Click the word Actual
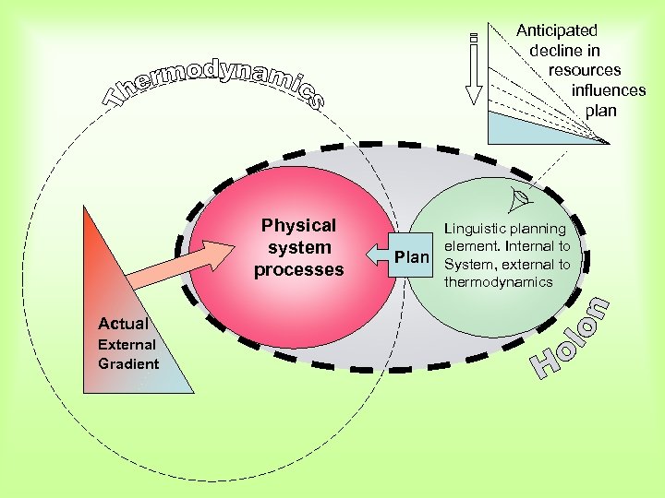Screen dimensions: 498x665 123,324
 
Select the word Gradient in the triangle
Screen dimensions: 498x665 128,363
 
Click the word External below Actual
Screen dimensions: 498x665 127,345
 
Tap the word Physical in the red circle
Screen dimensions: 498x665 298,226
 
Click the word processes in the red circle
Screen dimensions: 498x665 299,270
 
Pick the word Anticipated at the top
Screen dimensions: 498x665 556,30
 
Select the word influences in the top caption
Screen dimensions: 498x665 608,90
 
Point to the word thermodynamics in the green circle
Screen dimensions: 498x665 498,282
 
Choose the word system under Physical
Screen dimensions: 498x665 298,248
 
